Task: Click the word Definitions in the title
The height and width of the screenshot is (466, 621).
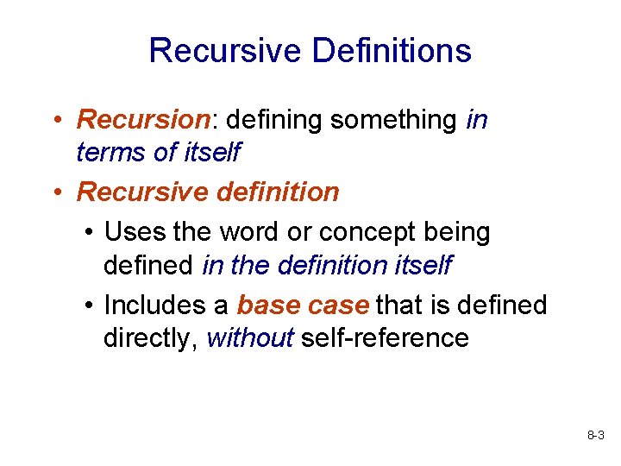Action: [x=392, y=51]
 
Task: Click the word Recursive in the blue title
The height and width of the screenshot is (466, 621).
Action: [x=225, y=51]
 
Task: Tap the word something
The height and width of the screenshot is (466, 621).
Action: [x=392, y=121]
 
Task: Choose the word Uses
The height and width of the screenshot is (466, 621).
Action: [x=135, y=232]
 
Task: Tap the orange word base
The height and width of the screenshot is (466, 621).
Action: [x=268, y=305]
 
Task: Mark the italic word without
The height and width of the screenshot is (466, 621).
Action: [x=251, y=337]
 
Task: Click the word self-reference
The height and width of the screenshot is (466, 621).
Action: [x=385, y=337]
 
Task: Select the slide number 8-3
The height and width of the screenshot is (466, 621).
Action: [x=595, y=438]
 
